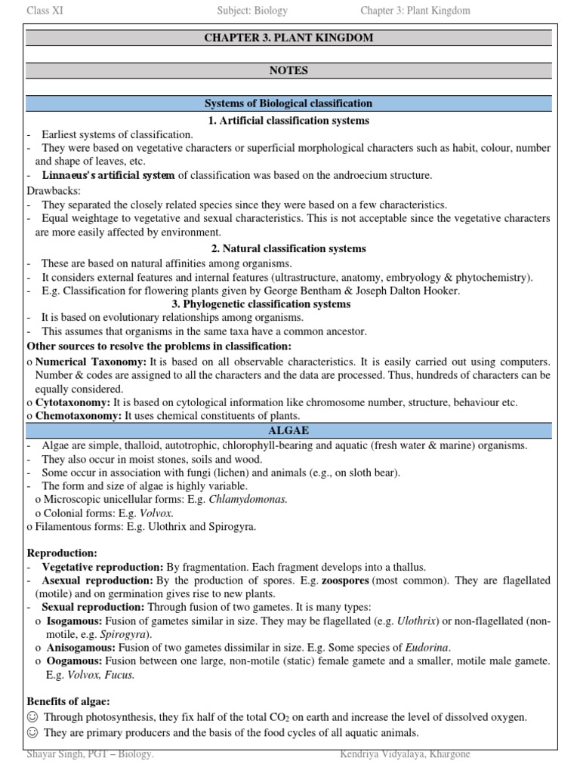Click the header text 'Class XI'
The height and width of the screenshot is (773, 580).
45,11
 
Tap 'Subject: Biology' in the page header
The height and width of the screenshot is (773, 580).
251,11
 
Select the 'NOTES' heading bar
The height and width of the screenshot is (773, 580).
289,71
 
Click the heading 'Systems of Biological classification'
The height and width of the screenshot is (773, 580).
289,103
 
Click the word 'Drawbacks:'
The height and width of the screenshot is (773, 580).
53,190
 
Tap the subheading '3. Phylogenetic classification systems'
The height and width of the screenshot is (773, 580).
289,304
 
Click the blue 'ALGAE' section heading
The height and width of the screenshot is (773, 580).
289,430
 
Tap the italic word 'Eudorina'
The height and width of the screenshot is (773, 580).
427,648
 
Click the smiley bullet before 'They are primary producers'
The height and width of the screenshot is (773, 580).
32,732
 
